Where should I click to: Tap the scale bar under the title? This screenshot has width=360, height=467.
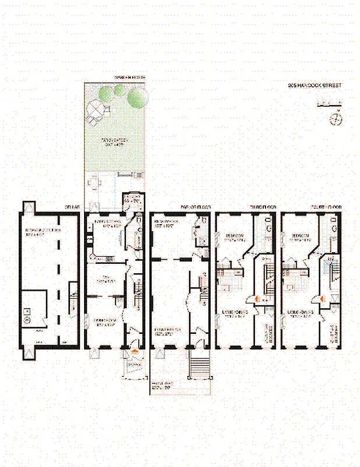(328, 105)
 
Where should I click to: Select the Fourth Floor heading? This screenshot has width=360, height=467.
(328, 207)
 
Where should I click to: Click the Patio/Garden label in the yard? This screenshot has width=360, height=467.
(114, 142)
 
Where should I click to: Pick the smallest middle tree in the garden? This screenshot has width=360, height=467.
(120, 90)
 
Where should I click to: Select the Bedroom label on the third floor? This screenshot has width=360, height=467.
(235, 237)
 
